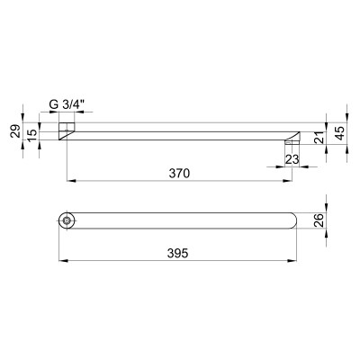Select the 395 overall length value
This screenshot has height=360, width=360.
point(177,255)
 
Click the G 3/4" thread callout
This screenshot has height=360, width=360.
point(67,103)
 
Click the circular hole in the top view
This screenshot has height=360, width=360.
point(67,220)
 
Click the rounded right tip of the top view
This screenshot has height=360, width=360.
point(292,220)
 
